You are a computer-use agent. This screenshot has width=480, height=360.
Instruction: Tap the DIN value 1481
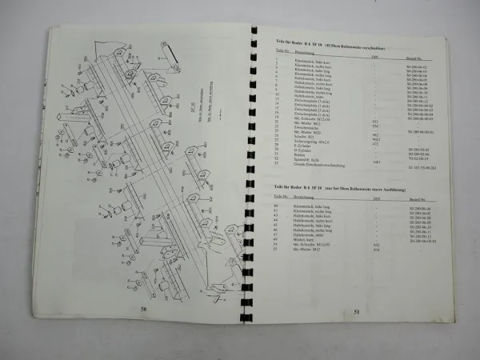[376, 162]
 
